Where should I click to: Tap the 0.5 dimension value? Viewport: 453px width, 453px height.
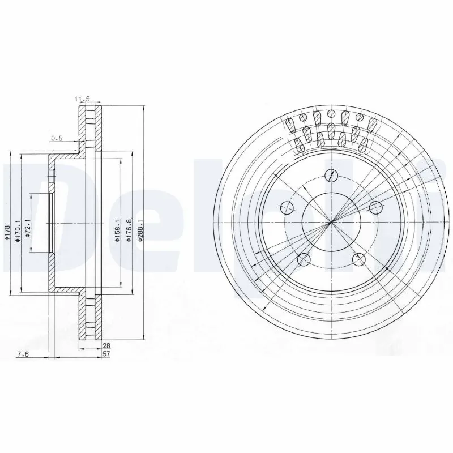click(x=57, y=138)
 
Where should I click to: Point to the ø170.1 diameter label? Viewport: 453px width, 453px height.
click(x=19, y=233)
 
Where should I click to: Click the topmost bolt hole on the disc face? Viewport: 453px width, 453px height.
click(x=330, y=174)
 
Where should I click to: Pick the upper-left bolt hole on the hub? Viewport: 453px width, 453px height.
click(x=287, y=207)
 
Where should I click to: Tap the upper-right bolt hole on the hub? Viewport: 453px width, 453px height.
click(x=374, y=207)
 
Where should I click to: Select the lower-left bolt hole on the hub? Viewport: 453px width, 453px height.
click(x=304, y=260)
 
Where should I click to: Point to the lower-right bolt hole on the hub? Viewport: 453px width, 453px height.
click(x=358, y=259)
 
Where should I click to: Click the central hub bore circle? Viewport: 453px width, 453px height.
click(x=330, y=222)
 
